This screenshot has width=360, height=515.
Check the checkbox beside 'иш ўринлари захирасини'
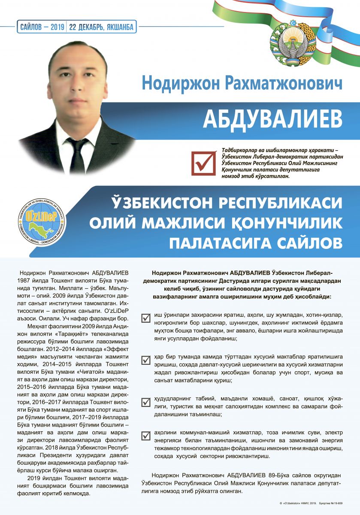[146, 318]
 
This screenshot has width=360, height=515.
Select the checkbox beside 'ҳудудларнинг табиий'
[146, 403]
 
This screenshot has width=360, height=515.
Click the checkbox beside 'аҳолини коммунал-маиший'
[146, 436]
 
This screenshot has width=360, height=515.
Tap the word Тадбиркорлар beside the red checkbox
[242, 150]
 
